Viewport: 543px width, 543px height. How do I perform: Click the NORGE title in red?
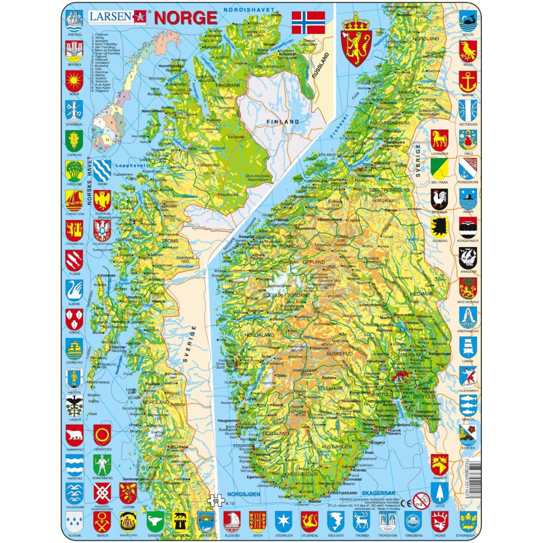[186, 18]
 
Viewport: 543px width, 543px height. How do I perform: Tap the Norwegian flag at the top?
[308, 22]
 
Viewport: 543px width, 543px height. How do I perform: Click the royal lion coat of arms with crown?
[358, 39]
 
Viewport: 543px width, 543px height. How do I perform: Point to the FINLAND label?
[283, 122]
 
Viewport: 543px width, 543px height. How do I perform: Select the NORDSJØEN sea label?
[243, 494]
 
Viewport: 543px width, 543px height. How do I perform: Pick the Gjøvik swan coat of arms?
[74, 290]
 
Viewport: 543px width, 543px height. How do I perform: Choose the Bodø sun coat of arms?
[74, 81]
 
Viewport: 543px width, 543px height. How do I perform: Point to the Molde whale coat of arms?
[468, 21]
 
